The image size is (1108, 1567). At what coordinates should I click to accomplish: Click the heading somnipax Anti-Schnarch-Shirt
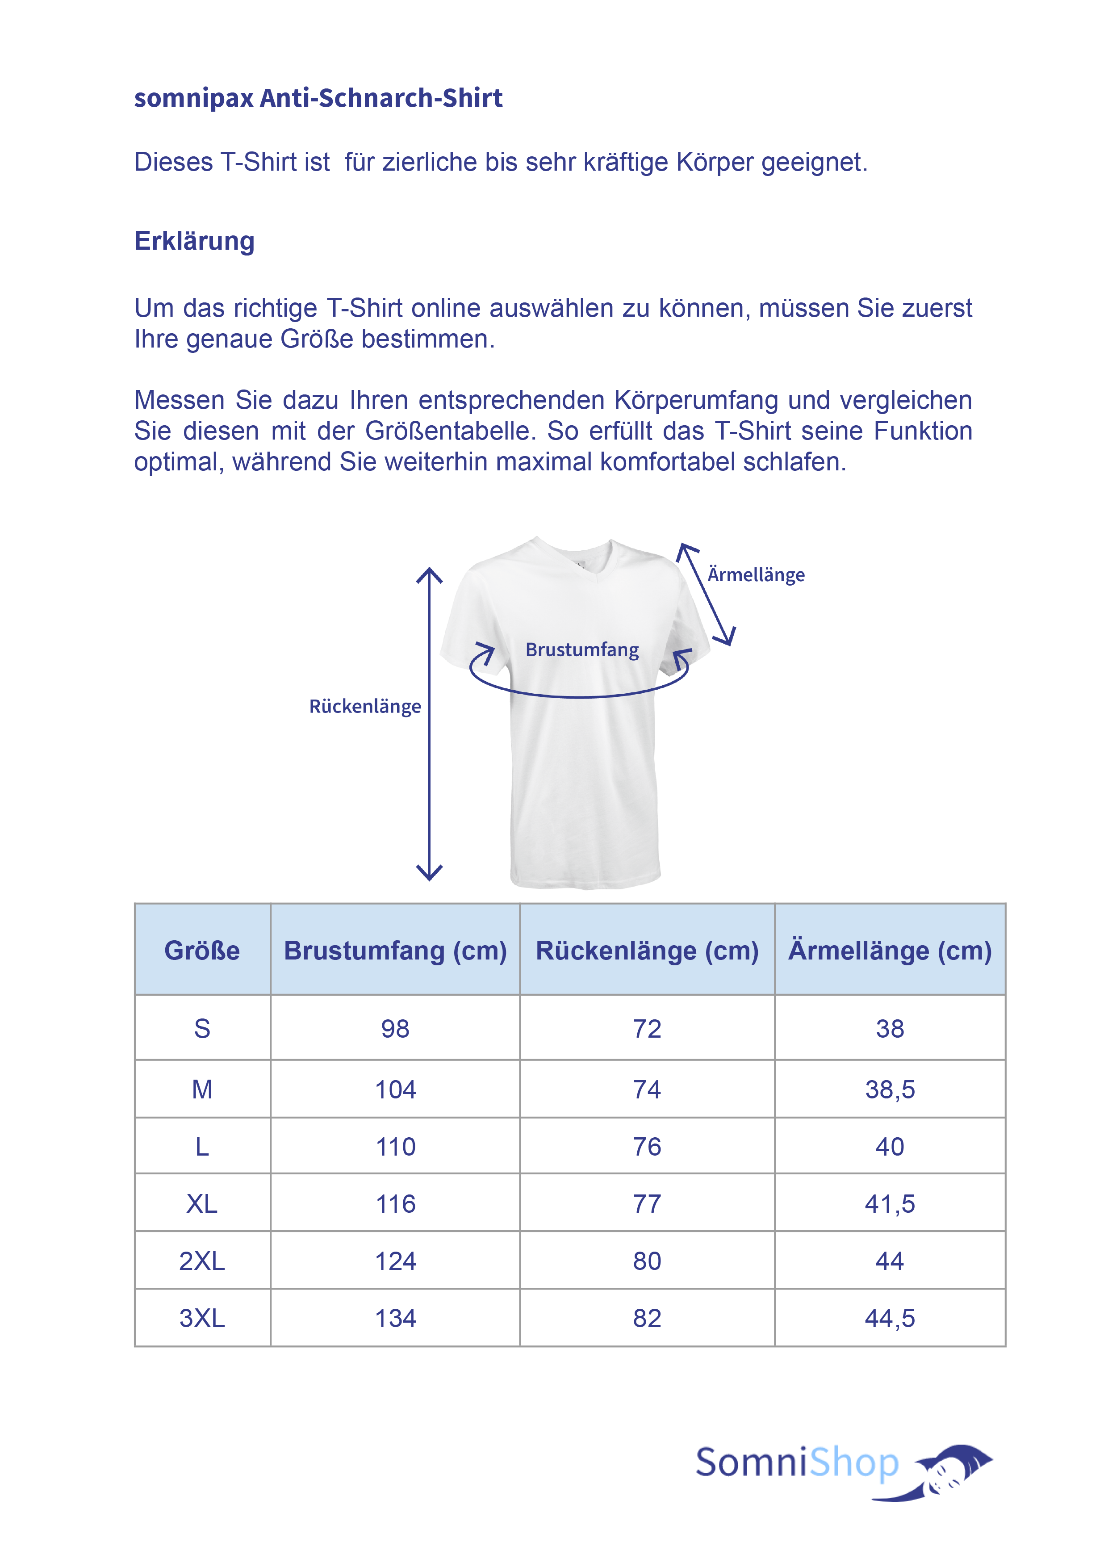pos(318,98)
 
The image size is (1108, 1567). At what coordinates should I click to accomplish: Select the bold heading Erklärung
pos(194,241)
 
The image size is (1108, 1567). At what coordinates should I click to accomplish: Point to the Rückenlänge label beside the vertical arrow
pos(365,706)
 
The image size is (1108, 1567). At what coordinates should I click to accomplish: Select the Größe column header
pos(202,950)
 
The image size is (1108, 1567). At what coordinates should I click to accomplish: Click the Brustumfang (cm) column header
pos(395,950)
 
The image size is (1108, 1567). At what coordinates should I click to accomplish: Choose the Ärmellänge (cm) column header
pos(890,950)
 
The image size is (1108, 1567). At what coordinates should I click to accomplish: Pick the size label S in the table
pos(202,1029)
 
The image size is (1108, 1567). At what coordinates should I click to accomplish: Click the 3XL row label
pos(202,1318)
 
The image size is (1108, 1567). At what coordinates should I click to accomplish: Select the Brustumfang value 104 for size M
pos(395,1089)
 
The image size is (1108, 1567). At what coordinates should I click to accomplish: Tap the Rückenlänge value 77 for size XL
pos(647,1204)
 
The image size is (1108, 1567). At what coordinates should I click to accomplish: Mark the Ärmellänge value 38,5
pos(890,1089)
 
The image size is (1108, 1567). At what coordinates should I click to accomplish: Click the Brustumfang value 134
pos(395,1318)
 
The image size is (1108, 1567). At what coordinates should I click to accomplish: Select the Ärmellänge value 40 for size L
pos(890,1147)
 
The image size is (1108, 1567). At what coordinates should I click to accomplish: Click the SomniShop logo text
pos(797,1462)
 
